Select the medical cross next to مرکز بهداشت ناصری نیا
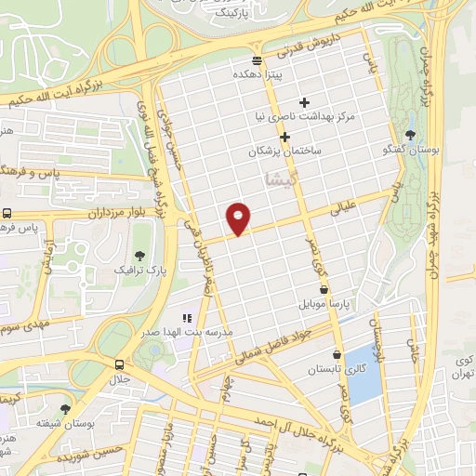[x=304, y=102]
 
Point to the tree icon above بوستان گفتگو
[x=410, y=135]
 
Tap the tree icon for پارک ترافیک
[x=139, y=255]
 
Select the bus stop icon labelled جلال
[x=118, y=364]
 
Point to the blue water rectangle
[x=362, y=376]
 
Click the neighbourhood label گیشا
[x=283, y=177]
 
